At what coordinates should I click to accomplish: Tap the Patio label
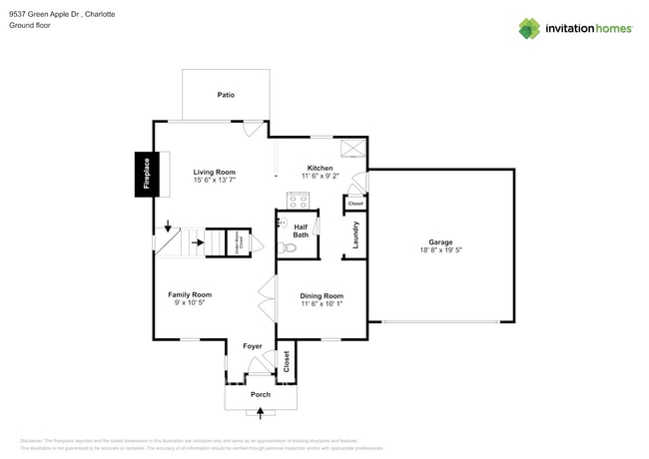point(226,95)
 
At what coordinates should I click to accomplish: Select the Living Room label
point(215,172)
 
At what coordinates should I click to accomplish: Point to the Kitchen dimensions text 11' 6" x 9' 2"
point(321,176)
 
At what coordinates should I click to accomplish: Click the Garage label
point(440,242)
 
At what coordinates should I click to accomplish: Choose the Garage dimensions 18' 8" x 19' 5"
point(440,250)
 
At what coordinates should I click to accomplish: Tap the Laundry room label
point(355,235)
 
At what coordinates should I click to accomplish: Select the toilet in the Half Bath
point(289,247)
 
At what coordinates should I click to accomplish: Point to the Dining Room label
point(322,295)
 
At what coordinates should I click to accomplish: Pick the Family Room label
point(190,294)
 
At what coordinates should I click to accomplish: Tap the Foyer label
point(253,346)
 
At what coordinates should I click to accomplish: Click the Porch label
point(261,394)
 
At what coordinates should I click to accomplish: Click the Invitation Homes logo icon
point(529,29)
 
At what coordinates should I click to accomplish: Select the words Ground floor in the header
point(30,25)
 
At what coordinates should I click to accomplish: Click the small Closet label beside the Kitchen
point(355,204)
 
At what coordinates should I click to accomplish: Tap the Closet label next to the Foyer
point(286,361)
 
